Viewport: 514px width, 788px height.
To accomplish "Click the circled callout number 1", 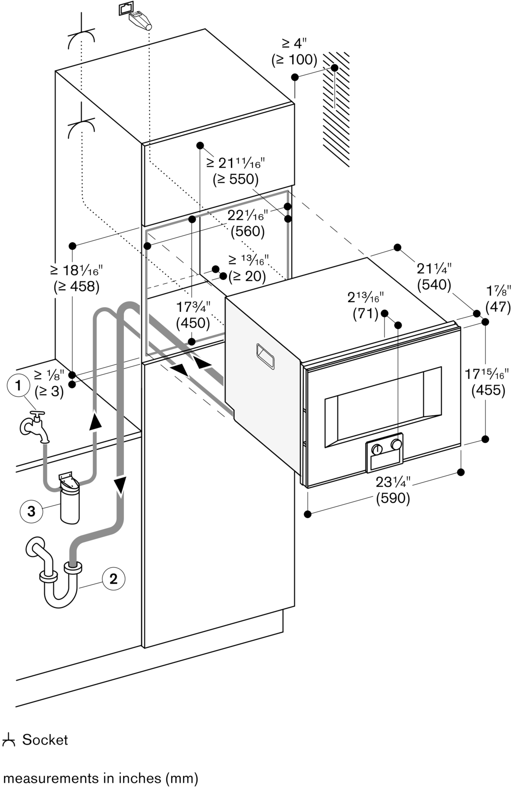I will [x=18, y=385].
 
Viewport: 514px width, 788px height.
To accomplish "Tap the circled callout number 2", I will [x=113, y=579].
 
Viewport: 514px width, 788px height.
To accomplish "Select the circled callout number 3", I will [x=31, y=512].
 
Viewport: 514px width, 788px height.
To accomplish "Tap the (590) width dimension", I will [x=393, y=499].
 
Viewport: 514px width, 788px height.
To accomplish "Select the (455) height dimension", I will [x=488, y=390].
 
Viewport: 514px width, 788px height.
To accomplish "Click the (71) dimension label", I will [x=365, y=313].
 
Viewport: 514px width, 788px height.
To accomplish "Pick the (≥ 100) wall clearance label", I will [x=294, y=60].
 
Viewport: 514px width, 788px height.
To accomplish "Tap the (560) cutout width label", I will [x=248, y=231].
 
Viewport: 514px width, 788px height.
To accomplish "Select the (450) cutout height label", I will [x=193, y=323].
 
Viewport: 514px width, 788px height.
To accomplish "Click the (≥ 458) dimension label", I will [x=76, y=286].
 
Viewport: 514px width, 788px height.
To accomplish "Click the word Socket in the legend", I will [x=45, y=739].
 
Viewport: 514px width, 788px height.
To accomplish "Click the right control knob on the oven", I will [x=396, y=444].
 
